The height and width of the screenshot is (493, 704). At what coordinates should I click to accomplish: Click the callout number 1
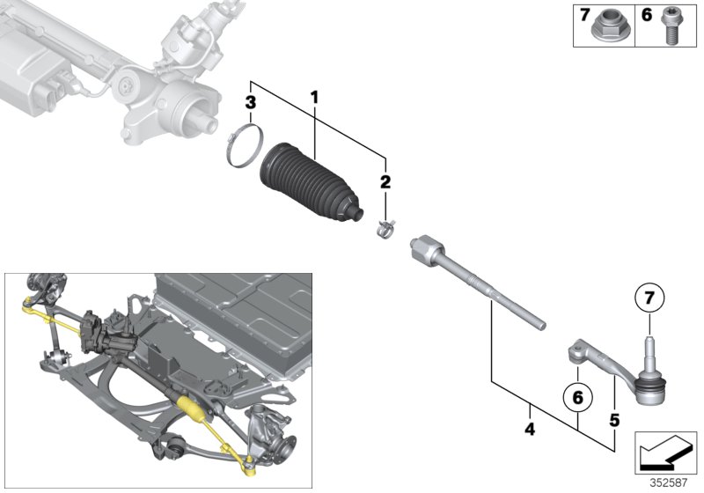pos(314,94)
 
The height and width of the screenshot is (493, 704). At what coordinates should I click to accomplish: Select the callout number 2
pos(385,183)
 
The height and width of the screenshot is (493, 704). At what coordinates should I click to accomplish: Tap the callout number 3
pos(251,104)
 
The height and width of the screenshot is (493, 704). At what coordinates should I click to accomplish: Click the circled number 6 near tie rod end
pos(578,398)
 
